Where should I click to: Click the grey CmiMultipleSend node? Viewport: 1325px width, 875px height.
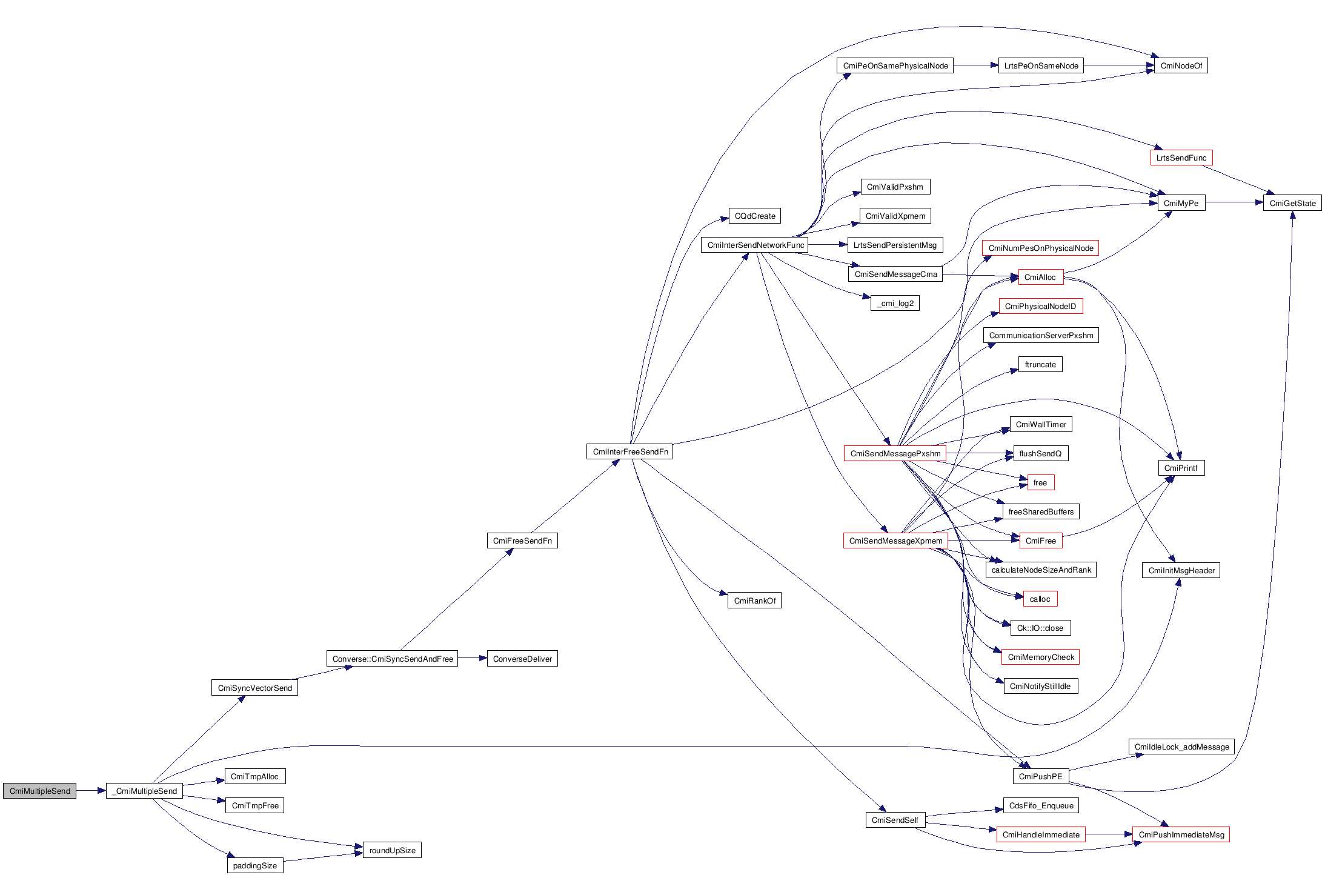coord(39,791)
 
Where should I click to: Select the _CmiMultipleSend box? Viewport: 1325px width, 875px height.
coord(144,791)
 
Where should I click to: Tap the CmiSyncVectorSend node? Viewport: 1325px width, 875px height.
coord(254,688)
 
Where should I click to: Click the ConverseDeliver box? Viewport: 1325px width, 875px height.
coord(522,659)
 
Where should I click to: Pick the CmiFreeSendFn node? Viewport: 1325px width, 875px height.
coord(522,541)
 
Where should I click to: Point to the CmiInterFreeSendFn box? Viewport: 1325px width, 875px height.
coord(629,451)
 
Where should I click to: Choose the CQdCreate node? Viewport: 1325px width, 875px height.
coord(754,216)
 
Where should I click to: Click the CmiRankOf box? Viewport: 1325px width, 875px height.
coord(754,601)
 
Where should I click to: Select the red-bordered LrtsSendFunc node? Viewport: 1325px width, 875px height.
coord(1181,158)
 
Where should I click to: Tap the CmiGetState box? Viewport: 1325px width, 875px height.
coord(1292,203)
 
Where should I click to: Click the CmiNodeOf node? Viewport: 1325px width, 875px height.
coord(1181,65)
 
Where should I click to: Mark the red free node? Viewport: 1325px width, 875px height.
coord(1040,482)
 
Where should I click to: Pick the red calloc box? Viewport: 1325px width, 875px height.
coord(1040,599)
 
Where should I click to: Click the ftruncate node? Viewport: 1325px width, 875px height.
coord(1040,364)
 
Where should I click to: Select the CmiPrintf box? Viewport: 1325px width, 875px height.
coord(1181,468)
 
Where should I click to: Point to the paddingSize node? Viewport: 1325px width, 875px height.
coord(254,865)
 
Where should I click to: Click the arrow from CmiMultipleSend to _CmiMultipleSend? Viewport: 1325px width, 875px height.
coord(91,791)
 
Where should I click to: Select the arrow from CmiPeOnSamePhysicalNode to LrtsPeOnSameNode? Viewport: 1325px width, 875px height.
coord(975,65)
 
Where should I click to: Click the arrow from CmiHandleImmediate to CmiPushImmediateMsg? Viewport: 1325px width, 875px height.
coord(1109,834)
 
